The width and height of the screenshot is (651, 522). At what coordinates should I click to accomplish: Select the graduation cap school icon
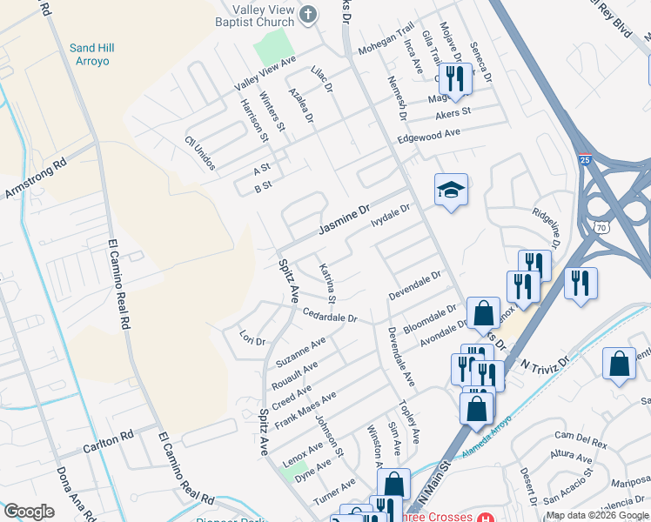[452, 190]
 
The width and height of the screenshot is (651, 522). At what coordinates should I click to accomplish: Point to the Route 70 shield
[601, 226]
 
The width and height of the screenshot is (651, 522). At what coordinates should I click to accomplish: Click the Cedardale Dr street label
[330, 314]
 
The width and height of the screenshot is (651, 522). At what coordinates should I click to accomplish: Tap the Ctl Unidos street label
[199, 153]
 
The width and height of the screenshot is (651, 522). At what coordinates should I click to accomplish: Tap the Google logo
[29, 512]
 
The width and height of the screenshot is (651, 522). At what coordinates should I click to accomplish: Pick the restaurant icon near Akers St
[453, 79]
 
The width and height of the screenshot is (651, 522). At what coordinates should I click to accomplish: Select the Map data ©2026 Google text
[597, 515]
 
